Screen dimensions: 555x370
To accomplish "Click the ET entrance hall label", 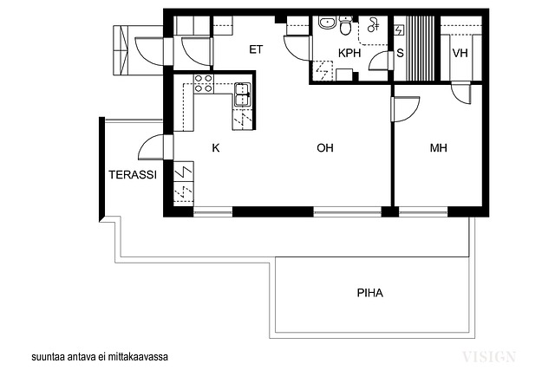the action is pyautogui.click(x=256, y=49).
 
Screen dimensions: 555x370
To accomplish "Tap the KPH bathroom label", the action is pyautogui.click(x=349, y=53).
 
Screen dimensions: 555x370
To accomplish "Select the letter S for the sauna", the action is pyautogui.click(x=400, y=53).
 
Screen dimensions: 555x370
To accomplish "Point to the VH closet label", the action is pyautogui.click(x=460, y=53).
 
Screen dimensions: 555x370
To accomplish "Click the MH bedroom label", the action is pyautogui.click(x=438, y=147).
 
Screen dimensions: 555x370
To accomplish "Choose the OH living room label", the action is pyautogui.click(x=325, y=147).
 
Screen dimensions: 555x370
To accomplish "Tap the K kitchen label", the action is pyautogui.click(x=216, y=147).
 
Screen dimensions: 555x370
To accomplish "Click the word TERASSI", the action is pyautogui.click(x=133, y=175).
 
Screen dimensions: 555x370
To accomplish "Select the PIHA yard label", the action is pyautogui.click(x=370, y=293).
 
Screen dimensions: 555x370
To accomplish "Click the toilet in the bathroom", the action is pyautogui.click(x=345, y=25).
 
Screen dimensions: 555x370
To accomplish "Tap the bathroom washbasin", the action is pyautogui.click(x=328, y=23).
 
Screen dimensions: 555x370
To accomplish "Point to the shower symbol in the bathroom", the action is pyautogui.click(x=374, y=25).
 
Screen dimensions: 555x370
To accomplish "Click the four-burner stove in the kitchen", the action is pyautogui.click(x=204, y=83).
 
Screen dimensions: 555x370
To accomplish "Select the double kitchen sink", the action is pyautogui.click(x=243, y=94).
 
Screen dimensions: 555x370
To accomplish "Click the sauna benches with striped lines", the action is pyautogui.click(x=420, y=49).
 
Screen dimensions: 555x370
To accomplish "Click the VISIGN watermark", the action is pyautogui.click(x=489, y=356).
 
